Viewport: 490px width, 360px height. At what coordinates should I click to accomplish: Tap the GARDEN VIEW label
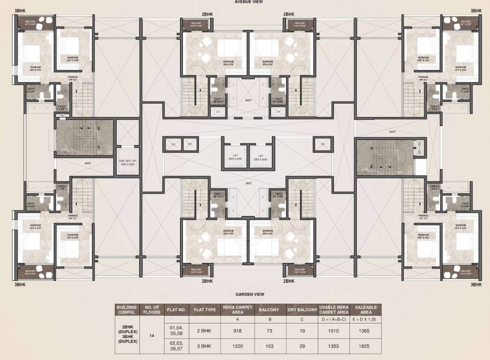[x=249, y=294]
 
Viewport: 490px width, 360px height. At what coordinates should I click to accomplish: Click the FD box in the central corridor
[x=173, y=145]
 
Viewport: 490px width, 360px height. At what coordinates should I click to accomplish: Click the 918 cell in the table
[x=238, y=331]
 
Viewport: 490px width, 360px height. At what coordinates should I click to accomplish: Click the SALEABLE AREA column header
[x=366, y=310]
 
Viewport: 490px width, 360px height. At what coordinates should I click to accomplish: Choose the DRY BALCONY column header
[x=302, y=310]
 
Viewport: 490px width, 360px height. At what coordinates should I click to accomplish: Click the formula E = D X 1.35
[x=366, y=320]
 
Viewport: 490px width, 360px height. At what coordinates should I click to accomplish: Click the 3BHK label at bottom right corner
[x=476, y=285]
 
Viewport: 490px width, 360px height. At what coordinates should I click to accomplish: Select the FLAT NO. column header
[x=176, y=310]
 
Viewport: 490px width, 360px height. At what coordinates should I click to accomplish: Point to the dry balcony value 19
[x=302, y=331]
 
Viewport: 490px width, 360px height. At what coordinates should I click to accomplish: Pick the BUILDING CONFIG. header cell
[x=127, y=310]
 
